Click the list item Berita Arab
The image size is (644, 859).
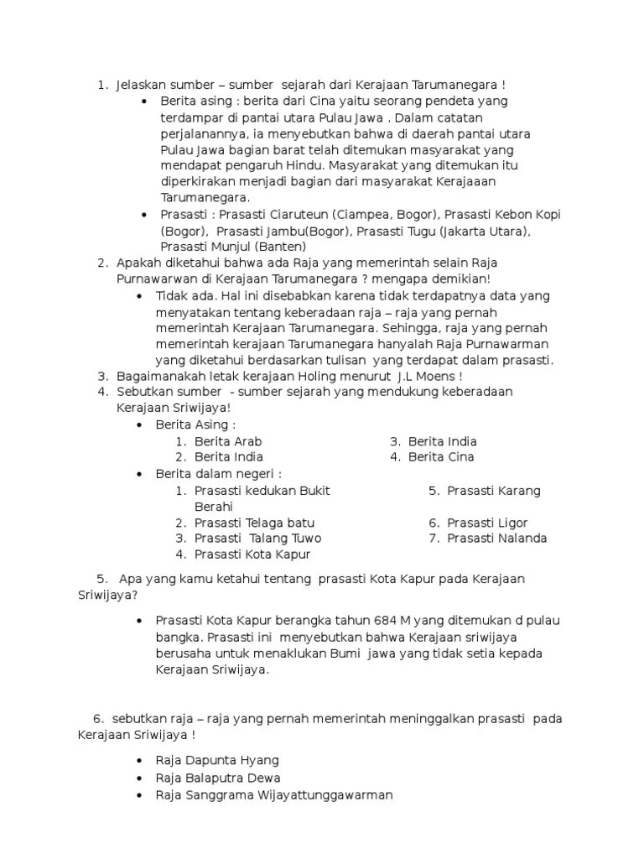pos(222,441)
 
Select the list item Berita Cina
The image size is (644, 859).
pos(441,457)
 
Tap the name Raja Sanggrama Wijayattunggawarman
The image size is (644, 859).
pos(274,795)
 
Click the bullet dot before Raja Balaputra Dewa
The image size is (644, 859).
pos(139,779)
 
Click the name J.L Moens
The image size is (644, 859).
pos(423,376)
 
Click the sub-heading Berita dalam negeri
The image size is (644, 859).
pos(218,474)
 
